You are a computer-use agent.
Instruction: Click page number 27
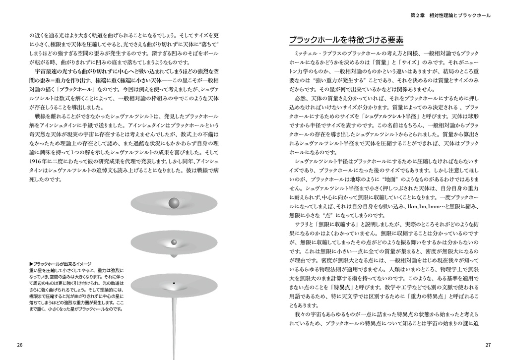pyautogui.click(x=488, y=345)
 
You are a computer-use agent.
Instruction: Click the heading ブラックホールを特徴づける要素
pyautogui.click(x=346, y=40)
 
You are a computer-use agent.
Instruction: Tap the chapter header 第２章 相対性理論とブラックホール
pyautogui.click(x=450, y=15)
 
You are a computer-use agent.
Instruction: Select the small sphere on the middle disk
pyautogui.click(x=174, y=242)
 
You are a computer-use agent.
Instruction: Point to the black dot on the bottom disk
pyautogui.click(x=174, y=283)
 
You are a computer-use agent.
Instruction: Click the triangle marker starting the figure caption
pyautogui.click(x=31, y=263)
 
